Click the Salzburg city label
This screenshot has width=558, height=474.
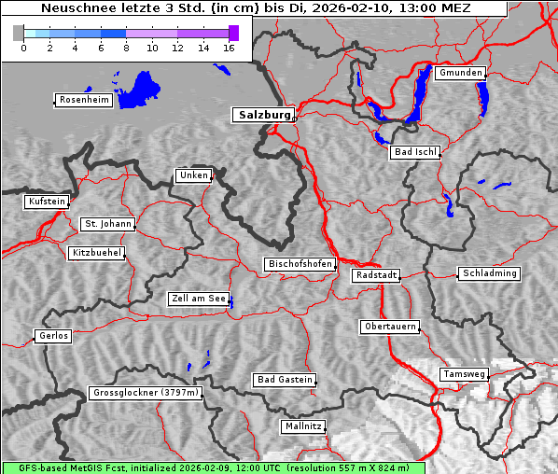click(263, 115)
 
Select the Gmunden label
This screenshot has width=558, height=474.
click(460, 73)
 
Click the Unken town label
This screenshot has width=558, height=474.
click(193, 175)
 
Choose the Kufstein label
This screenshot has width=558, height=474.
click(46, 202)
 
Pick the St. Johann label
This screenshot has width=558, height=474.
click(107, 224)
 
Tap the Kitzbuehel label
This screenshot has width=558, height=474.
click(96, 253)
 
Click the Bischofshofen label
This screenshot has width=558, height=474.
click(300, 265)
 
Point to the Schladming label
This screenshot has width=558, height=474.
click(489, 273)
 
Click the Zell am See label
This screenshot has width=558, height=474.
click(199, 299)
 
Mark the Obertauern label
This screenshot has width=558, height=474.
click(390, 327)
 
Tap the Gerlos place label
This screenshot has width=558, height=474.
click(53, 336)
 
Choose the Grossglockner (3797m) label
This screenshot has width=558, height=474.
click(146, 394)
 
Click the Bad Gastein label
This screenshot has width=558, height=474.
click(285, 380)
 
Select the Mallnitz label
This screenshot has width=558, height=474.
click(303, 426)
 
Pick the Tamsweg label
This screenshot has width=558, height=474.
click(464, 374)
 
